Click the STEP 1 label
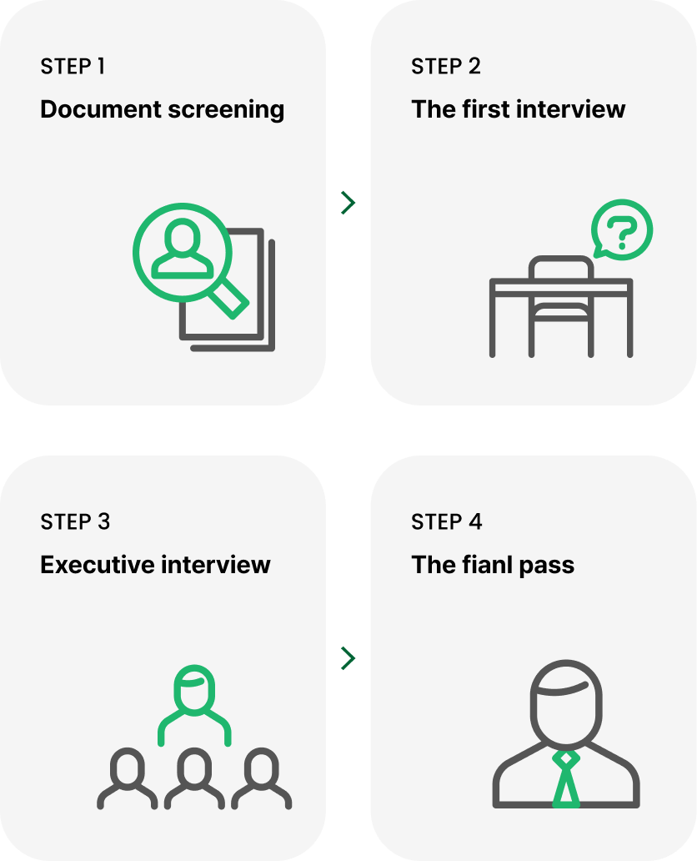pyautogui.click(x=73, y=67)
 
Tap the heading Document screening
pyautogui.click(x=162, y=109)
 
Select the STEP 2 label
pyautogui.click(x=445, y=67)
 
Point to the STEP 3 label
pyautogui.click(x=75, y=522)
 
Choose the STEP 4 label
pyautogui.click(x=446, y=522)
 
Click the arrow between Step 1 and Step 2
pyautogui.click(x=348, y=203)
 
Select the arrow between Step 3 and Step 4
pyautogui.click(x=348, y=658)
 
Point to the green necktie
pyautogui.click(x=566, y=779)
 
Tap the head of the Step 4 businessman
pyautogui.click(x=565, y=702)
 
